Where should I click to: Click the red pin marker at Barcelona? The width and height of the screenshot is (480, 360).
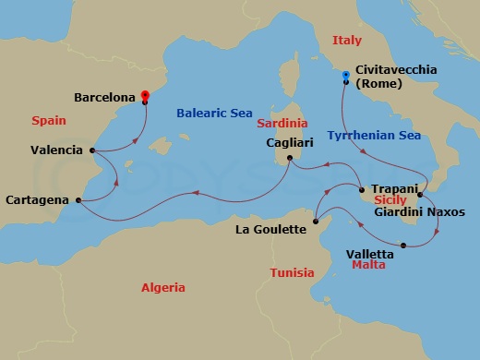tap(145, 94)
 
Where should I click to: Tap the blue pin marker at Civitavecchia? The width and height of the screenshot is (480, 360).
tap(345, 75)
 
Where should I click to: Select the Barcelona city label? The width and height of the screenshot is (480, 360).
tap(106, 95)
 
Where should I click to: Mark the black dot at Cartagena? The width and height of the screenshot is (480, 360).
tap(78, 199)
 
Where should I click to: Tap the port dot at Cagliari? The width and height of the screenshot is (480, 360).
tap(289, 158)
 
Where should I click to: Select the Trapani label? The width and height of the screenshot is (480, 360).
tap(396, 188)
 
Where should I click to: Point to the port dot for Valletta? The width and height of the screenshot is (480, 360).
tap(404, 245)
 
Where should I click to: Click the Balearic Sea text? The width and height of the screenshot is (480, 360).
tap(213, 114)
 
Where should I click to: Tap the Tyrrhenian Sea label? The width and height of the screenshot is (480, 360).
tap(374, 135)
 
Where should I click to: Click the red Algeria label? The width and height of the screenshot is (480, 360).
tap(162, 287)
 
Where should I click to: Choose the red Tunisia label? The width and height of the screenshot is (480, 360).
tap(292, 272)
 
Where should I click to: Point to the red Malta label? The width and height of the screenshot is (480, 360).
tap(368, 265)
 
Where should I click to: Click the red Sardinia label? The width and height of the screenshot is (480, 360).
tap(282, 122)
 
